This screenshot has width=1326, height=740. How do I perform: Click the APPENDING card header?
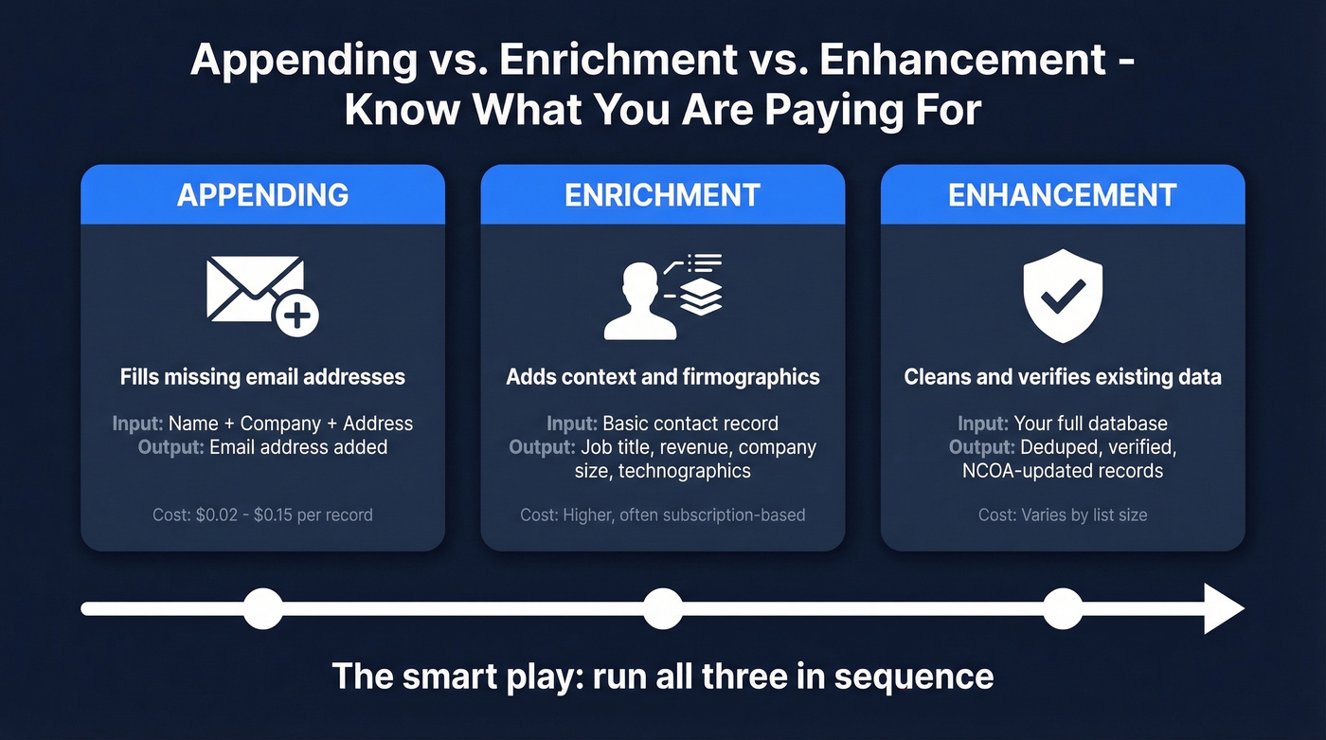point(262,195)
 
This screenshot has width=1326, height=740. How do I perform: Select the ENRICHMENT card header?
point(662,195)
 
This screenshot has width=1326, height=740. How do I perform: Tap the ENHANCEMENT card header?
point(1062,195)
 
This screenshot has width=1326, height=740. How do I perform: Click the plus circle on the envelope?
point(296,316)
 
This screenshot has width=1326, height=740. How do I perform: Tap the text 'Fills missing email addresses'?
point(262,377)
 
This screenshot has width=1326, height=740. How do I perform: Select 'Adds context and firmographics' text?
point(662,377)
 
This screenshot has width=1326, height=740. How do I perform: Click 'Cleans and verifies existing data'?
point(1062,377)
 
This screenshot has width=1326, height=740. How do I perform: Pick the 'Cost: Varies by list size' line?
point(1062,515)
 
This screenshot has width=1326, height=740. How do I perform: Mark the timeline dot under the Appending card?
point(262,608)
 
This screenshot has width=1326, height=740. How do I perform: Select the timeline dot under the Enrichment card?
point(662,608)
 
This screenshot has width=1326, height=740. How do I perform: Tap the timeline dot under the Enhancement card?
point(1062,608)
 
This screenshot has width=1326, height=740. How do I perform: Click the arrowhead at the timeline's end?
point(1223,608)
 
